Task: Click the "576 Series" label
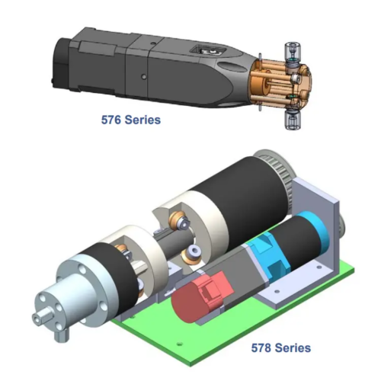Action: [x=131, y=120]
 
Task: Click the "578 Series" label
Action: [x=281, y=347]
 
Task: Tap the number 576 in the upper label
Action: [x=110, y=120]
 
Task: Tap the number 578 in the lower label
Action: [x=261, y=347]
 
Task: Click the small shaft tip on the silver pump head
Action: [x=38, y=319]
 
